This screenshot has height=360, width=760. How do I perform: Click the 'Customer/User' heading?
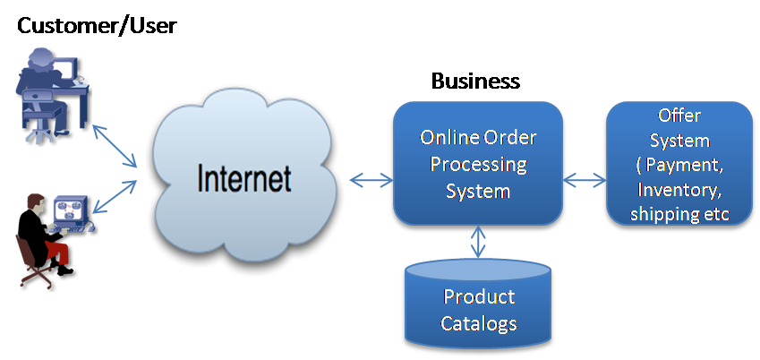point(97,25)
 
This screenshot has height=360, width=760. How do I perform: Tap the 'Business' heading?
point(475,81)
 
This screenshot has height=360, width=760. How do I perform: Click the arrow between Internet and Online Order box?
point(370,181)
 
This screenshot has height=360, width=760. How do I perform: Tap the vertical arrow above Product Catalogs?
point(479,241)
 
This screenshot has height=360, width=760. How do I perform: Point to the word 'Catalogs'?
point(479,322)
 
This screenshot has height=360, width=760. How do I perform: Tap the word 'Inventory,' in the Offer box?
point(678,190)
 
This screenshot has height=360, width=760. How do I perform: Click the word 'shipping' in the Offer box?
point(662,214)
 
